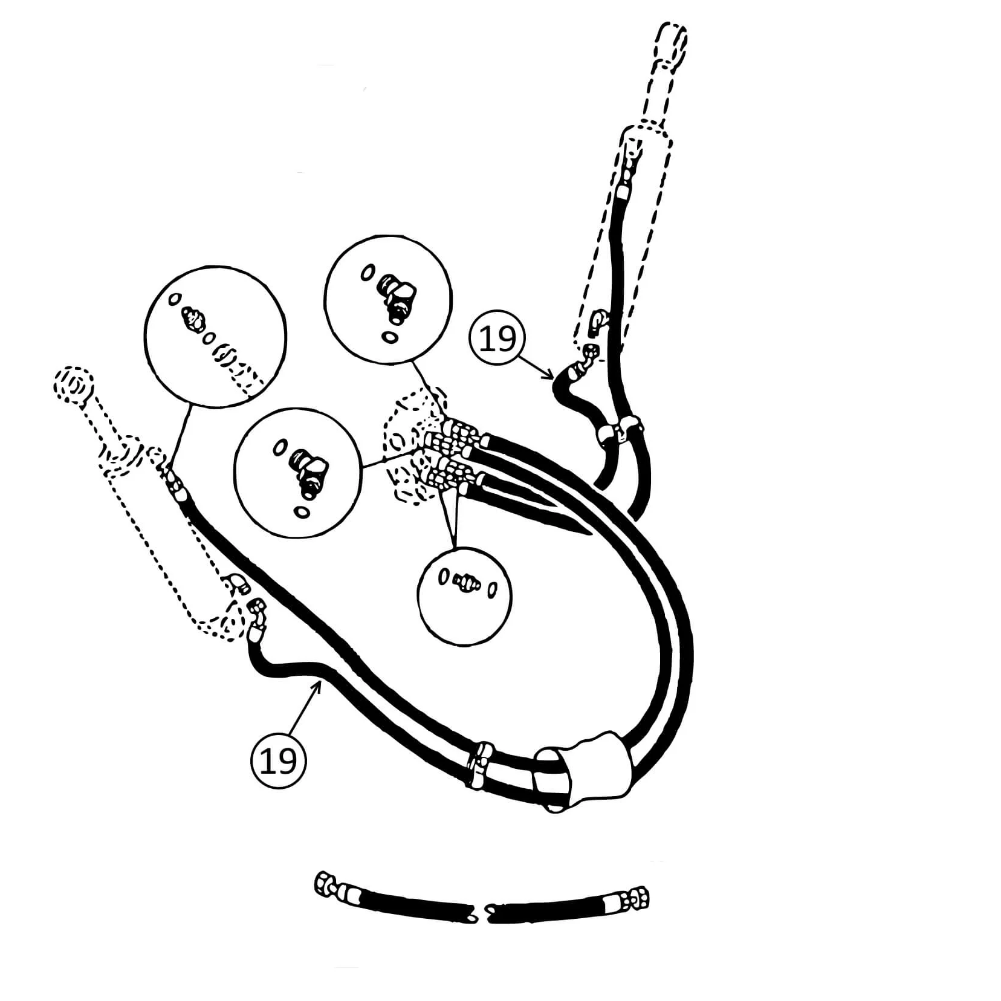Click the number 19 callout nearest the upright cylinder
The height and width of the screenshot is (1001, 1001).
pyautogui.click(x=497, y=338)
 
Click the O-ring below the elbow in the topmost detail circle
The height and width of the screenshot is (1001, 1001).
pyautogui.click(x=390, y=336)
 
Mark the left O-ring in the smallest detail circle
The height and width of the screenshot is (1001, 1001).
pyautogui.click(x=444, y=577)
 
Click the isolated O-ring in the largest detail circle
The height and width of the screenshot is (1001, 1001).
pyautogui.click(x=175, y=298)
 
